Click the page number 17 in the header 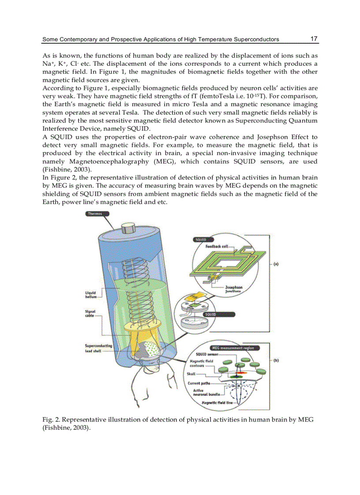[314, 39]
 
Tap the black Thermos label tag [95, 214]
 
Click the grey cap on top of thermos [128, 228]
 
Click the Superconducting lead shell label [98, 348]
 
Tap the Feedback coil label [216, 246]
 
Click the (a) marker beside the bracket [276, 264]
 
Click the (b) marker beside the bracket [276, 360]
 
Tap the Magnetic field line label [217, 403]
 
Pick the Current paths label [199, 383]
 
